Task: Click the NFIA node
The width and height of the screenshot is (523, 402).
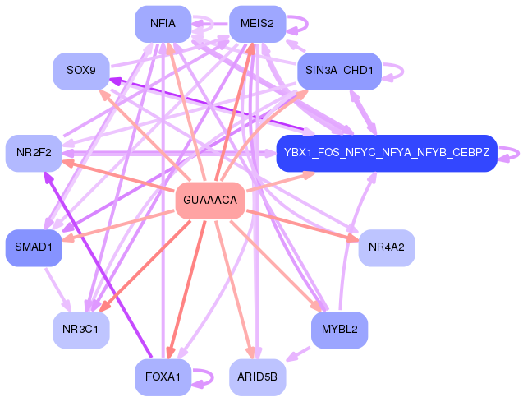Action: (163, 23)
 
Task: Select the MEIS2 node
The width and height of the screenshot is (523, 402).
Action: (257, 23)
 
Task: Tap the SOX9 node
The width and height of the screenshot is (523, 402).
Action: (81, 72)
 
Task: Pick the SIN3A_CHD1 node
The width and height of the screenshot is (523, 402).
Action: (339, 72)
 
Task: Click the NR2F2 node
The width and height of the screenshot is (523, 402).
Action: (34, 153)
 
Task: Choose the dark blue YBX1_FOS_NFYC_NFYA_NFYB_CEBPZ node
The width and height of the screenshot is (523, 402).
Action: (386, 153)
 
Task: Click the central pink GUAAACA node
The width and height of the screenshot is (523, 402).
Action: (210, 201)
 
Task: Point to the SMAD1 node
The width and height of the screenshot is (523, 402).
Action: (34, 247)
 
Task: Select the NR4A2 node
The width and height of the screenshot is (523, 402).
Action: (386, 247)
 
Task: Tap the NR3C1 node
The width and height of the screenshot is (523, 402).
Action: (81, 330)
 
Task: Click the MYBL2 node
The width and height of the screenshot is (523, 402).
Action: (339, 330)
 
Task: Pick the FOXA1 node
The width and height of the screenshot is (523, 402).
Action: (163, 377)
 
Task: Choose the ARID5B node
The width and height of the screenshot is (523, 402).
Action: (257, 377)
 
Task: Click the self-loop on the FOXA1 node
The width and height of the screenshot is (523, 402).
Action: (204, 377)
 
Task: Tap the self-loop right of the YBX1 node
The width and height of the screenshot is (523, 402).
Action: (512, 153)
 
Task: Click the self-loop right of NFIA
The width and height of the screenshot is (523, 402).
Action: (203, 23)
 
